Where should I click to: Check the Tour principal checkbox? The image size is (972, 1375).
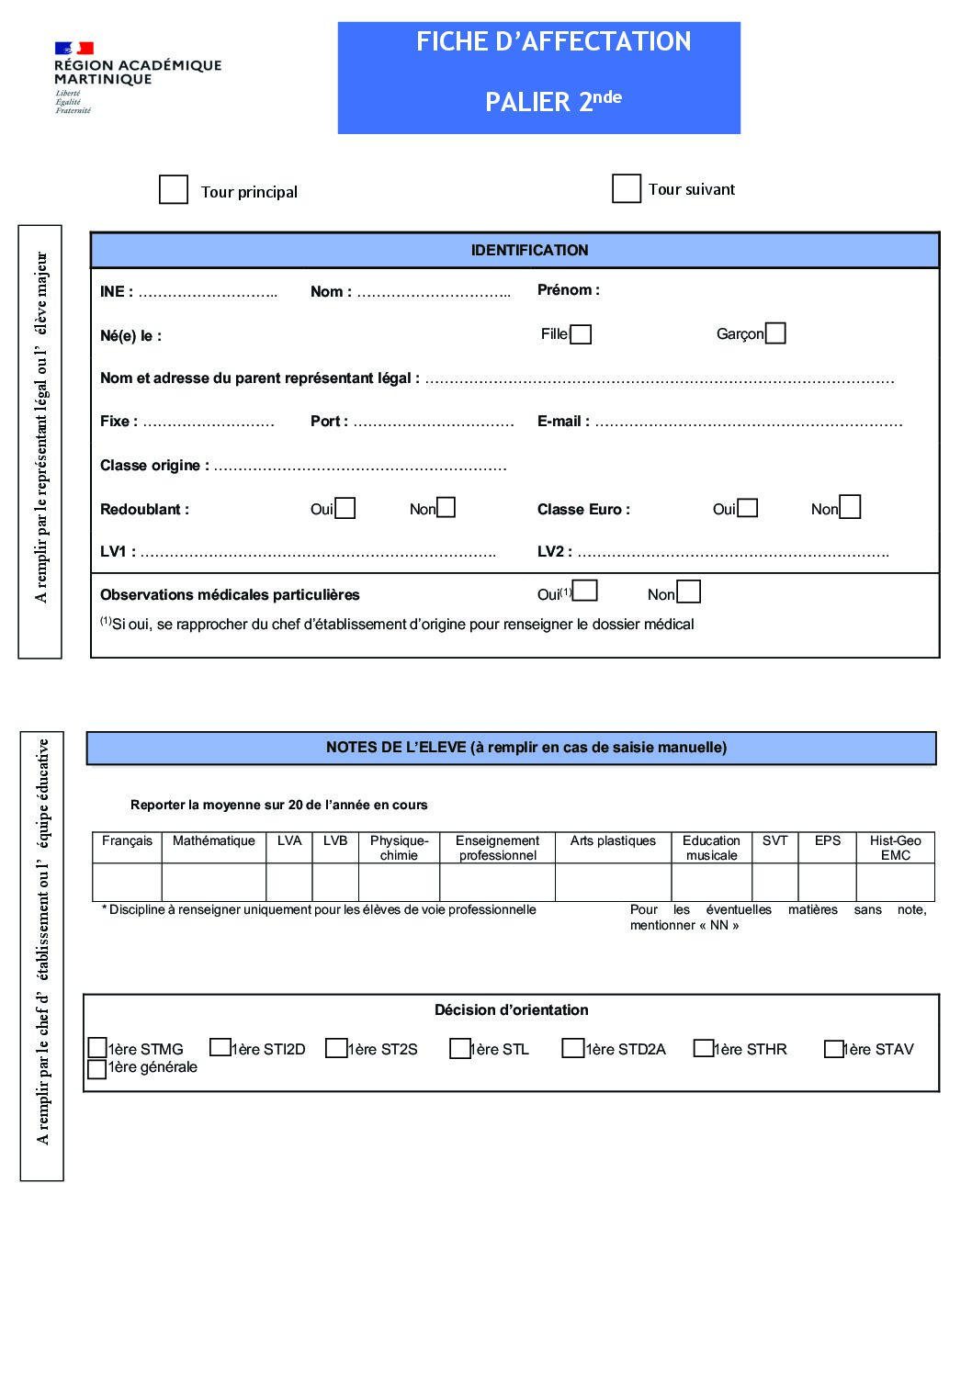(x=174, y=190)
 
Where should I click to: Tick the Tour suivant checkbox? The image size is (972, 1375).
(x=627, y=188)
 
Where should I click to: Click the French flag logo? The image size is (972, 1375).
(x=74, y=48)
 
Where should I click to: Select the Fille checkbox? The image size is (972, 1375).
(x=581, y=334)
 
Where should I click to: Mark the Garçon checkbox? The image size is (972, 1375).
(x=775, y=333)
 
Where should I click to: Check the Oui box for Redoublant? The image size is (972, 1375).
(x=345, y=508)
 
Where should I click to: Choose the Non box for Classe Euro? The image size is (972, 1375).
(x=850, y=507)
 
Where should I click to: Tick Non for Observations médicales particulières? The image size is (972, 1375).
(x=688, y=592)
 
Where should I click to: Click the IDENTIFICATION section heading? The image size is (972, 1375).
(x=529, y=250)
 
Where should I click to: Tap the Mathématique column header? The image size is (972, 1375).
(x=214, y=840)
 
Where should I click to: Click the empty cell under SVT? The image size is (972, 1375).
(x=774, y=882)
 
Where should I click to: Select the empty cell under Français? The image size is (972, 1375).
(x=127, y=882)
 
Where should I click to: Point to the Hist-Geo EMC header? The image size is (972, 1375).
(x=895, y=847)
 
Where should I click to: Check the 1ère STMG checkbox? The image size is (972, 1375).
(x=97, y=1048)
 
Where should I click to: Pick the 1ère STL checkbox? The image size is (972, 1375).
(x=459, y=1048)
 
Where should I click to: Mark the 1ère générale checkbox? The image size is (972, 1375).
(x=96, y=1069)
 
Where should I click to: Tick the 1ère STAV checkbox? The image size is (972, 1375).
(x=833, y=1048)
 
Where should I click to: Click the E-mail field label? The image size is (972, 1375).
(x=563, y=422)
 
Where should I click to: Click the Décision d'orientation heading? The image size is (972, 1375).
(x=511, y=1009)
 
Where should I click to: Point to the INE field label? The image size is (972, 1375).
(x=116, y=291)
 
